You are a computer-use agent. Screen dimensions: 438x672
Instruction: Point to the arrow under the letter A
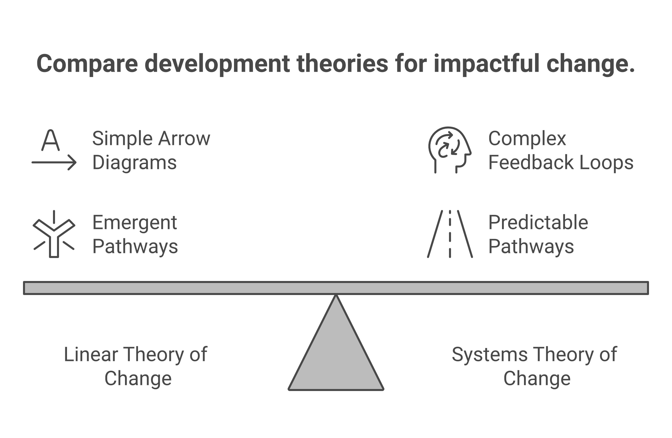[54, 162]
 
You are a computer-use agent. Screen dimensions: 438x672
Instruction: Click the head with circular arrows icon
[449, 149]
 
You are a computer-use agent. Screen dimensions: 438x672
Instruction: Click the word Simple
[122, 139]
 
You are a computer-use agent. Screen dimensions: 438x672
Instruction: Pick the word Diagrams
[134, 163]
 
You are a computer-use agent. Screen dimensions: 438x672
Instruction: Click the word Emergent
[134, 222]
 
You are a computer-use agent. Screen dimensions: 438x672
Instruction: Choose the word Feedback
[531, 163]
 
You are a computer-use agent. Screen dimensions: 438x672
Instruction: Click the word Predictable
[538, 222]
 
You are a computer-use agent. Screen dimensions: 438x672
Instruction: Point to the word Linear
[91, 354]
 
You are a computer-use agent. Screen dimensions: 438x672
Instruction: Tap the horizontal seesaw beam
[336, 288]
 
